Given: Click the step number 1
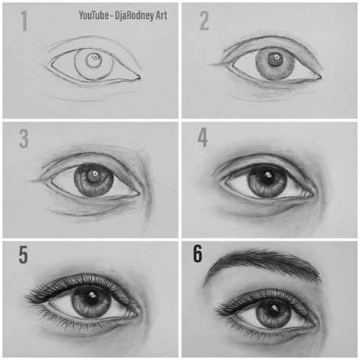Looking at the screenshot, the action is tap(24, 21).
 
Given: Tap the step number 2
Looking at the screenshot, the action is tap(204, 21).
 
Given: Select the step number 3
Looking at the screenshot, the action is tap(24, 138).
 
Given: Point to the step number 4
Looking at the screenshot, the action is tap(203, 137).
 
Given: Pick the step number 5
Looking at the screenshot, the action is tap(23, 255).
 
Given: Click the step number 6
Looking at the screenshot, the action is tap(197, 254).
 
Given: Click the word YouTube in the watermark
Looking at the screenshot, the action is tap(93, 15).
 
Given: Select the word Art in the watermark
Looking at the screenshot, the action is tap(161, 15).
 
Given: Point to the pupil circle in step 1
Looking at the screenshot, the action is tap(94, 60).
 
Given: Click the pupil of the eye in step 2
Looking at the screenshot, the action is tap(274, 59).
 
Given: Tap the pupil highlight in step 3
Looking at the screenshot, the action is tap(96, 174).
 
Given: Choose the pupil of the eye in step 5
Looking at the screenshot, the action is tap(91, 297).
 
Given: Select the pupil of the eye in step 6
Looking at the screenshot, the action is tap(273, 310).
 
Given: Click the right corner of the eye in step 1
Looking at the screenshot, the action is tap(139, 77).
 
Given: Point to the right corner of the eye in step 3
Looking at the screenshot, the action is tap(139, 194).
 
